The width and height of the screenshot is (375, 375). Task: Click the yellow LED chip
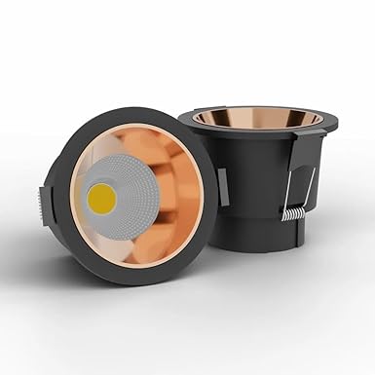click(x=101, y=200)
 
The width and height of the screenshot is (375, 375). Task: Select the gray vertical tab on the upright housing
click(x=223, y=185)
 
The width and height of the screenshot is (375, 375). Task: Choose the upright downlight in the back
click(x=263, y=185)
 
